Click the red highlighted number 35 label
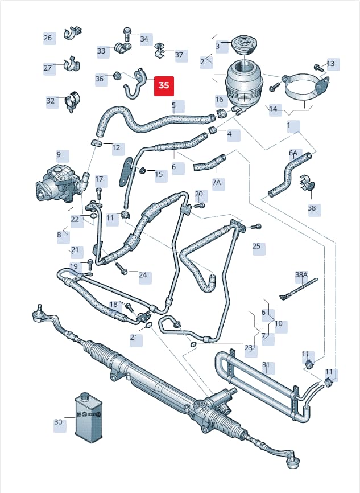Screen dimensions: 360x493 pos(164,86)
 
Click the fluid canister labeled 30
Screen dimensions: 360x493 pos(89,417)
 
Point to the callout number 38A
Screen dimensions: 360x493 pos(301,275)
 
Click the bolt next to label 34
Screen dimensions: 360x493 pos(127,34)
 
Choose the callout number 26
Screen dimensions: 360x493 pos(48,38)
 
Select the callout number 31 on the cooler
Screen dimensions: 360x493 pos(266,365)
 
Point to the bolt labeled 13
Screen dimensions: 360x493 pos(318,67)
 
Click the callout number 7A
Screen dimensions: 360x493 pos(217,182)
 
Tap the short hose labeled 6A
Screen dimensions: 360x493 pos(289,174)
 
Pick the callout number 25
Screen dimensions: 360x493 pos(256,245)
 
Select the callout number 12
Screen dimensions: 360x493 pos(116,147)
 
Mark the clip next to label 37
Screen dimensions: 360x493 pos(160,50)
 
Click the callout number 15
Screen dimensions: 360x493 pos(159,174)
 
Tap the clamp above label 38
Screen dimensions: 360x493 pos(307,184)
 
